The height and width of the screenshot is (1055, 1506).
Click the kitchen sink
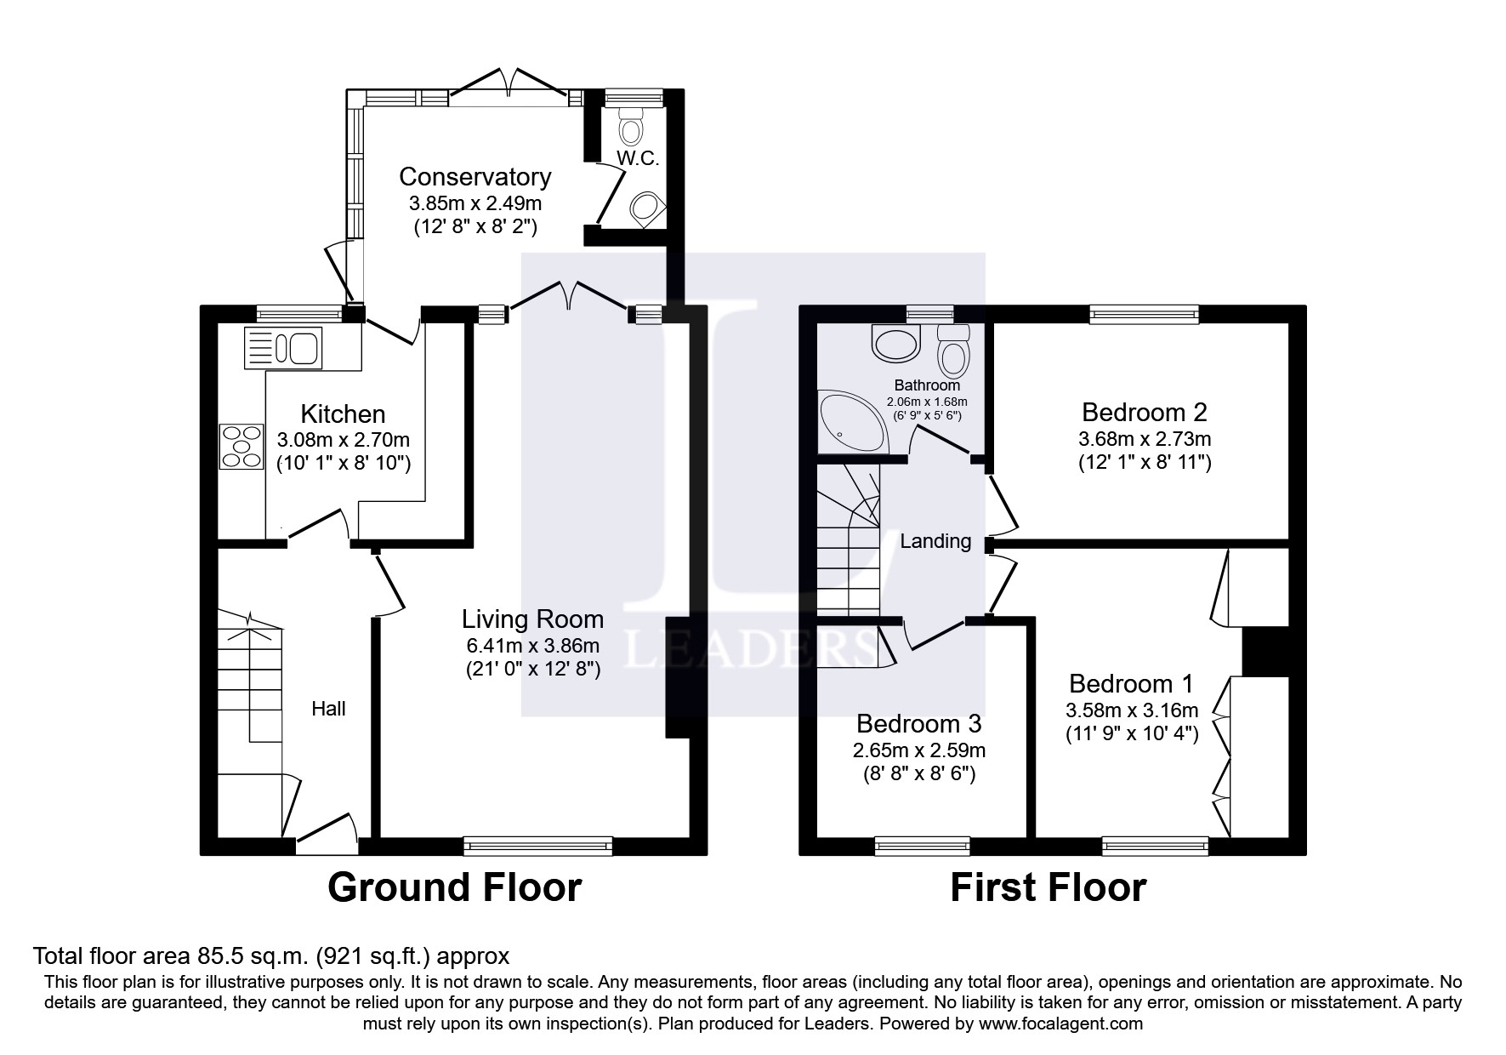(x=282, y=348)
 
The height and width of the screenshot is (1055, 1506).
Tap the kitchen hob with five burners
(x=241, y=446)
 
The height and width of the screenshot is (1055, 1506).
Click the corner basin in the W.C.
(x=648, y=207)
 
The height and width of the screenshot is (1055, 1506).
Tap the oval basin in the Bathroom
(x=895, y=345)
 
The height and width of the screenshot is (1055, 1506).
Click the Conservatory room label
(x=475, y=177)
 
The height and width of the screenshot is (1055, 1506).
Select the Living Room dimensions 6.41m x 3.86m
(x=532, y=646)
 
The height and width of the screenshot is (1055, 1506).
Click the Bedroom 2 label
(x=1144, y=413)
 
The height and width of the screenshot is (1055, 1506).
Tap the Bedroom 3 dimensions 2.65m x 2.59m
(x=918, y=750)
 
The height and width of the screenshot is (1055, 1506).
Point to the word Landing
(x=935, y=541)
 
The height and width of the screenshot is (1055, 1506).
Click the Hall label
(x=328, y=709)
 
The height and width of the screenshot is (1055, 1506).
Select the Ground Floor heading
(x=454, y=887)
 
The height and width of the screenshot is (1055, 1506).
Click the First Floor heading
(x=1048, y=887)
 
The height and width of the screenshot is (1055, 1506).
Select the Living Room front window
(x=538, y=845)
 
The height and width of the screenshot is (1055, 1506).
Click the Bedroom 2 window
(x=1144, y=315)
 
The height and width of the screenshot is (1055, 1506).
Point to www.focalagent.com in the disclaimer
(x=1060, y=1024)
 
